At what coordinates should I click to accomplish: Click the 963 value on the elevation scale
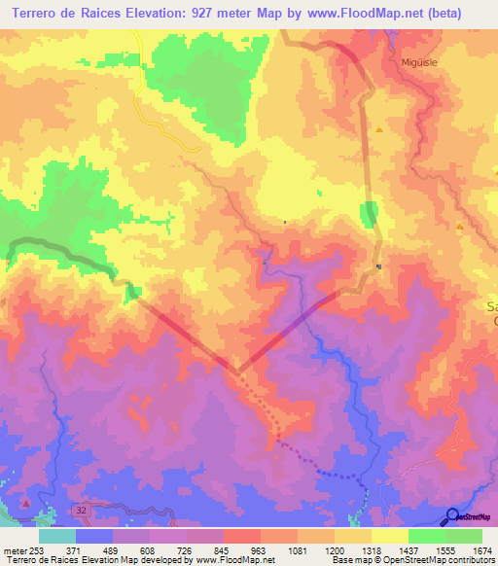tap(259, 550)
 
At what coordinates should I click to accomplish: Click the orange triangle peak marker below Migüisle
tap(379, 128)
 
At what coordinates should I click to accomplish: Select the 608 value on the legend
tap(147, 550)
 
